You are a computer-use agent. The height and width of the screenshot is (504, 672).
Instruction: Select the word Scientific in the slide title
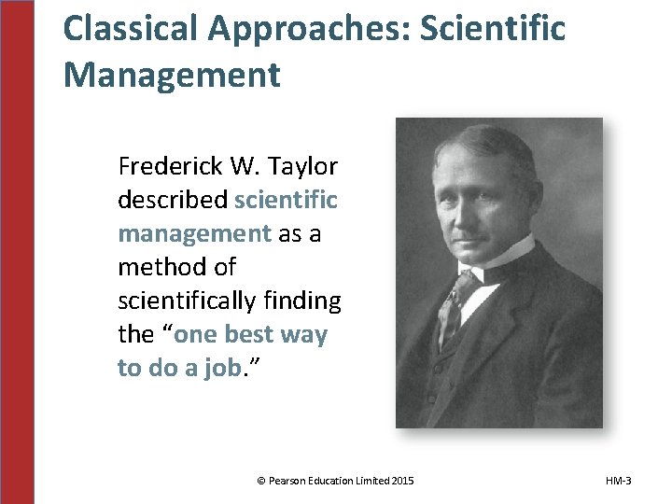[x=493, y=29]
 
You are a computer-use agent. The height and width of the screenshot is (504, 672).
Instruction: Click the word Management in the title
[x=172, y=75]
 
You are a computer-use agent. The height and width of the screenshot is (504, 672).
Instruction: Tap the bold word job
[x=220, y=368]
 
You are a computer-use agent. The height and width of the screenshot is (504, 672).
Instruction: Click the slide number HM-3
[x=617, y=481]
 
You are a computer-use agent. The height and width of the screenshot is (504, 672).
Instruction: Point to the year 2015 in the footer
[x=402, y=481]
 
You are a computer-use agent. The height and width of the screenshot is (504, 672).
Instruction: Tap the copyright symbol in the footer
[x=260, y=481]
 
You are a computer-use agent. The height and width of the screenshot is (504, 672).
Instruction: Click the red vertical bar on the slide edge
[x=17, y=252]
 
